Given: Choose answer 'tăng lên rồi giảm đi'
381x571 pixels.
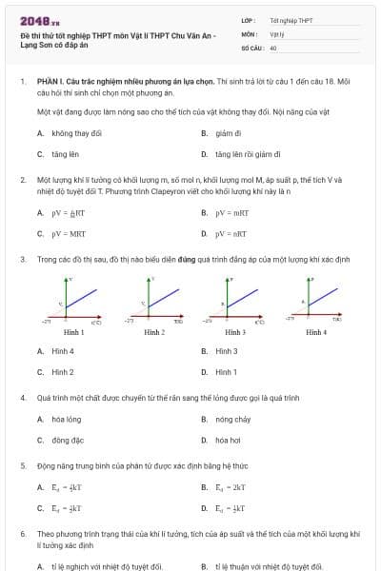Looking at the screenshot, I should [247, 153].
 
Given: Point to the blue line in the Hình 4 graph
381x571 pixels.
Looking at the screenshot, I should [326, 297].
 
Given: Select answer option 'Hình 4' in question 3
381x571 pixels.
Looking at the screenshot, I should [63, 351].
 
